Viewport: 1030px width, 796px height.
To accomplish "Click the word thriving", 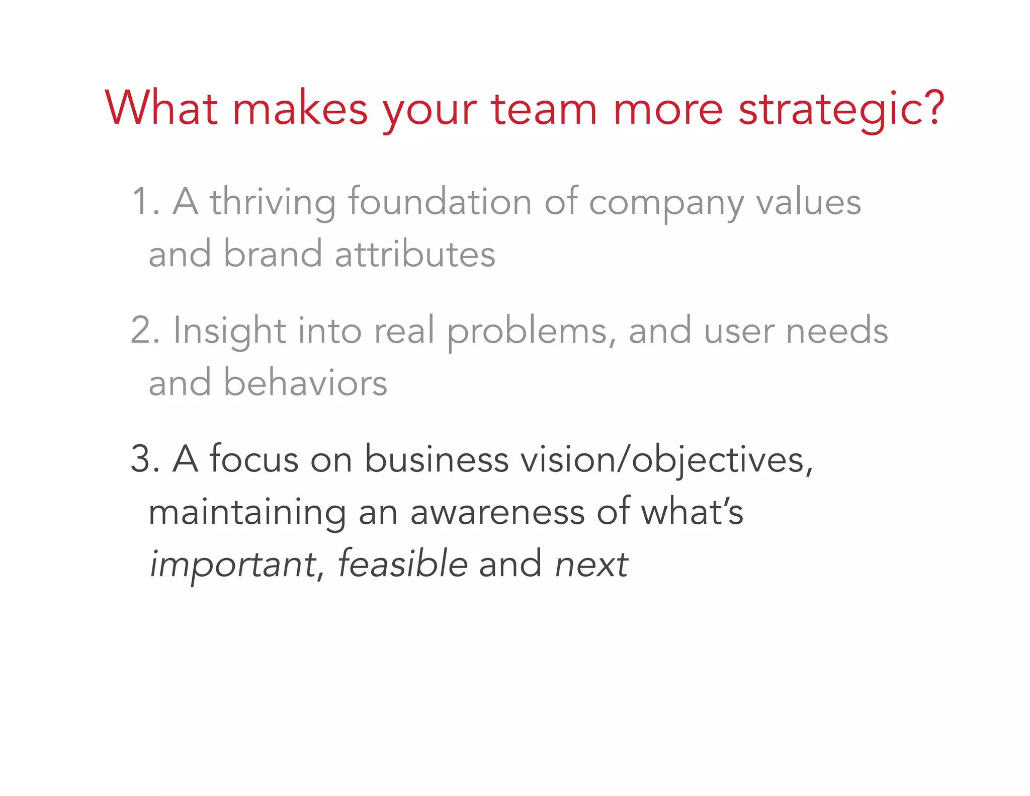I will pyautogui.click(x=273, y=203).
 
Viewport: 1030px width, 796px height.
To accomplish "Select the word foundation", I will pyautogui.click(x=440, y=202).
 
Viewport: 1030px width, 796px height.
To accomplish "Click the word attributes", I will pyautogui.click(x=415, y=254).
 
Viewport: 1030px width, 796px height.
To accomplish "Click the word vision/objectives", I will pyautogui.click(x=666, y=460).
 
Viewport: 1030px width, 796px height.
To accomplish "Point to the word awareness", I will pyautogui.click(x=497, y=512).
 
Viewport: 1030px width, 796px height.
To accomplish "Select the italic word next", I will pyautogui.click(x=592, y=565).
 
